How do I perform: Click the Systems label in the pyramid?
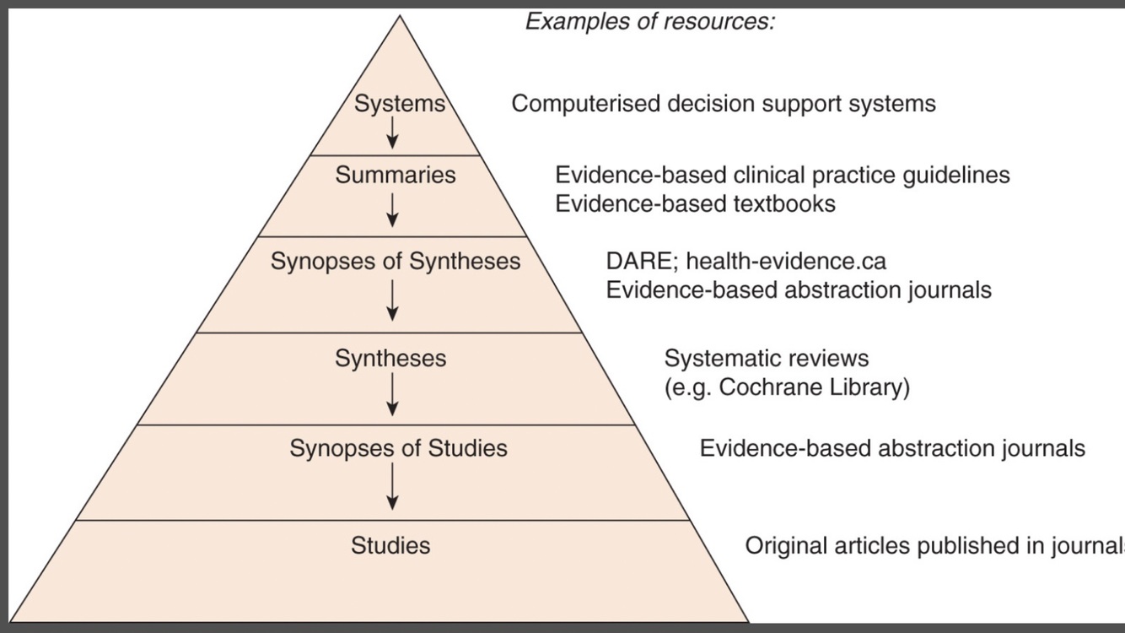pos(399,104)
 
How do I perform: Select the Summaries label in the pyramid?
pos(395,176)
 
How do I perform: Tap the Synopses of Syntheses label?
pos(395,262)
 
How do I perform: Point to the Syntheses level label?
pos(390,359)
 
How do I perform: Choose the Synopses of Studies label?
pos(398,448)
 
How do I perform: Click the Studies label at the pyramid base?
pos(390,546)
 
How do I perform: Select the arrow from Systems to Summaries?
pos(392,132)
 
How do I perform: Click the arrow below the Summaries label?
pos(392,208)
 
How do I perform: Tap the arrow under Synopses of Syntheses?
pos(392,300)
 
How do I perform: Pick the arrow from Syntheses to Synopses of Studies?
pos(392,395)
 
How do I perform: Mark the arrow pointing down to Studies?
pos(392,488)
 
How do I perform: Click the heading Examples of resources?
pos(649,22)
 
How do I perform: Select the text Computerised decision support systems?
pos(724,104)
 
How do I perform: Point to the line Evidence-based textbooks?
pos(695,204)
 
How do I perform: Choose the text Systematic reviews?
pos(766,359)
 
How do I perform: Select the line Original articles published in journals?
pos(934,546)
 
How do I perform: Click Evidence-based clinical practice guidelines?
pos(782,176)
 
